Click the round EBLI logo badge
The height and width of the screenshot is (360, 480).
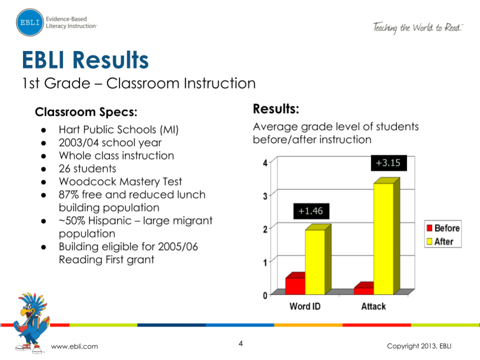pyautogui.click(x=30, y=23)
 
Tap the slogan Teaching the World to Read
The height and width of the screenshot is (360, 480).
pyautogui.click(x=417, y=28)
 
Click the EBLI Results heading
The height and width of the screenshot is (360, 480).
pyautogui.click(x=86, y=60)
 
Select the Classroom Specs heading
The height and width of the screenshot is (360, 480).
pyautogui.click(x=86, y=111)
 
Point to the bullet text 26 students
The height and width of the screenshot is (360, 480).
pyautogui.click(x=87, y=169)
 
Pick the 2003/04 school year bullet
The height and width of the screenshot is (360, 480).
pyautogui.click(x=110, y=143)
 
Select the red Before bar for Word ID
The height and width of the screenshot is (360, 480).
pyautogui.click(x=295, y=285)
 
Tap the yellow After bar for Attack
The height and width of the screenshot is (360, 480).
pyautogui.click(x=383, y=238)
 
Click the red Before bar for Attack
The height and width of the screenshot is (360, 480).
pyautogui.click(x=363, y=290)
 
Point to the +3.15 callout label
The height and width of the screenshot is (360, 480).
pyautogui.click(x=388, y=163)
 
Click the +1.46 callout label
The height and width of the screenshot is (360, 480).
pyautogui.click(x=311, y=211)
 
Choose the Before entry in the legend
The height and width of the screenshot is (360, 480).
pyautogui.click(x=442, y=228)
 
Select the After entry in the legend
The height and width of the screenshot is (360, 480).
pyautogui.click(x=442, y=241)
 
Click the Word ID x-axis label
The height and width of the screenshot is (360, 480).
pyautogui.click(x=305, y=306)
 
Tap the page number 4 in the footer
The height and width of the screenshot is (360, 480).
pyautogui.click(x=240, y=343)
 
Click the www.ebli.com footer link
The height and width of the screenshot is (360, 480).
pyautogui.click(x=75, y=346)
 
